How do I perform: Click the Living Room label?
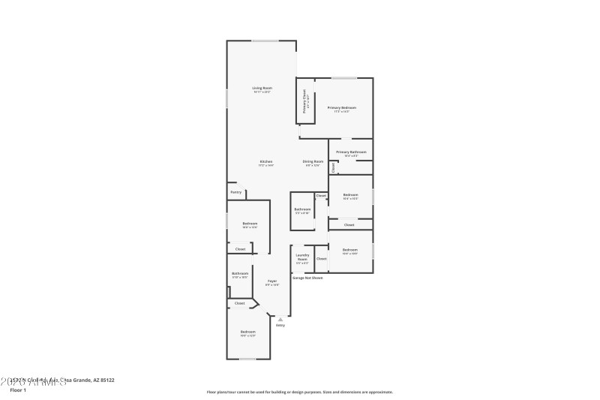pos(261,89)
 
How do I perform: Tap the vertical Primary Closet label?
pos(304,101)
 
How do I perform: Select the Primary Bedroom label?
pos(341,108)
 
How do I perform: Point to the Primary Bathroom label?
pos(351,152)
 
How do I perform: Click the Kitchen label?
pos(265,162)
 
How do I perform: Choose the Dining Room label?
pos(313,162)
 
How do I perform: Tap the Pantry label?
pos(235,192)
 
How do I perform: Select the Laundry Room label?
pos(302,257)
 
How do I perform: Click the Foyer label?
pos(272,281)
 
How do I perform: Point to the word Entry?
pos(280,325)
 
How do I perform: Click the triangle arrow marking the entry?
pos(280,318)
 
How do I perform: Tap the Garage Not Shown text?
pos(307,278)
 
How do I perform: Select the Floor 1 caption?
pos(17,389)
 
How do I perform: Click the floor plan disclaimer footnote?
pos(299,392)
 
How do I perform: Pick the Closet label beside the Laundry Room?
pos(321,258)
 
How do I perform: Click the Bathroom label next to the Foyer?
pos(240,274)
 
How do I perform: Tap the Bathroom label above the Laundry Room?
pos(302,209)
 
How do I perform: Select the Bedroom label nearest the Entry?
pos(248,332)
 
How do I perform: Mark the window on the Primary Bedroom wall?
pos(344,78)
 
